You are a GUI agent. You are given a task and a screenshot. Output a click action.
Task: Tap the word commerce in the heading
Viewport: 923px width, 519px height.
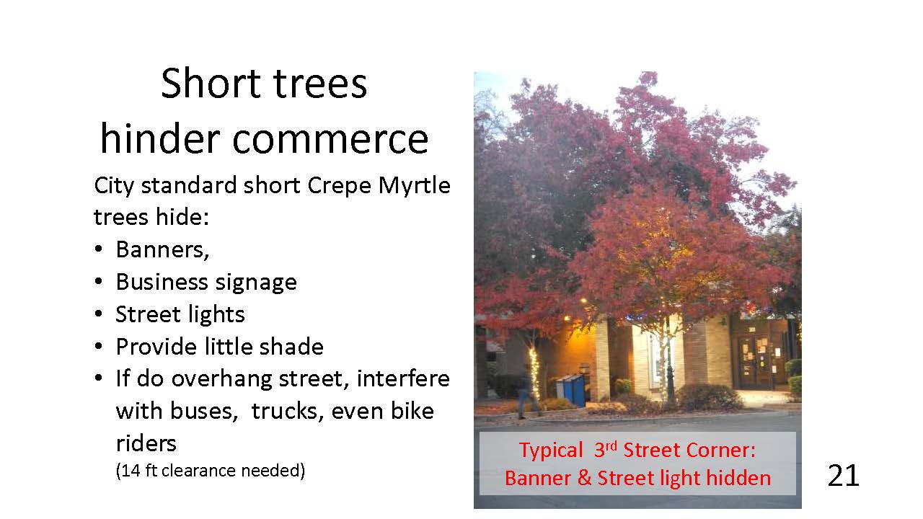(x=330, y=139)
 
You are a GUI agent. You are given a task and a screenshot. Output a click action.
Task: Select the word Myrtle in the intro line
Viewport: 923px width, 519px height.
(x=414, y=186)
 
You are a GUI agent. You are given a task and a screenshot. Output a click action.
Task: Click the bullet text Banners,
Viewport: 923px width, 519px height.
(x=162, y=249)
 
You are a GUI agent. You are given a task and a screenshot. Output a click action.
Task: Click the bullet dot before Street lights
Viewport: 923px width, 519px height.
(x=98, y=314)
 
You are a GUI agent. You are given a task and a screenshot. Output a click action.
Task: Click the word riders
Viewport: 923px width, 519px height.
(x=146, y=443)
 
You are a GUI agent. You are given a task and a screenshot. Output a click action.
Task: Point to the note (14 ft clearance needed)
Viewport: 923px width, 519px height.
(x=210, y=471)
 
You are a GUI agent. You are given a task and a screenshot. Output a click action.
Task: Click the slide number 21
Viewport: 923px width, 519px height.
(x=843, y=476)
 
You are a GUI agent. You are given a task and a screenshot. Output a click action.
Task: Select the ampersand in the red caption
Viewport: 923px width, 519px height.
(x=584, y=478)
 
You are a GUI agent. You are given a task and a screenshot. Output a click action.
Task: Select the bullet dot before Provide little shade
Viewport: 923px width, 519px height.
(x=98, y=347)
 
